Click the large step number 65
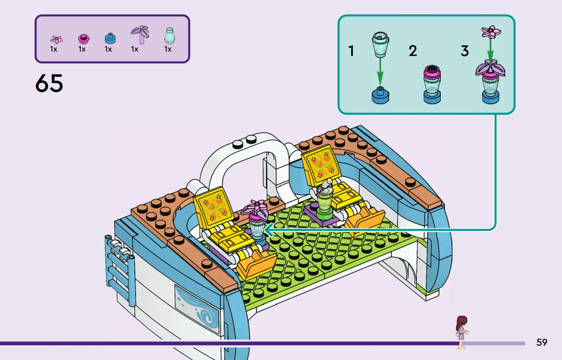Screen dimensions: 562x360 pyautogui.click(x=49, y=83)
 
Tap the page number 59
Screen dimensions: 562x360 pyautogui.click(x=541, y=342)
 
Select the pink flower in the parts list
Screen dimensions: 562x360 pyautogui.click(x=56, y=40)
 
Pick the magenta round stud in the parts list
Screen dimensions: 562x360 pyautogui.click(x=83, y=39)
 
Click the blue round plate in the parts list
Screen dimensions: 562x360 pyautogui.click(x=110, y=39)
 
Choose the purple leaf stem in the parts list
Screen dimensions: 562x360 pyautogui.click(x=140, y=35)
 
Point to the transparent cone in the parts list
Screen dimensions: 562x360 pyautogui.click(x=170, y=35)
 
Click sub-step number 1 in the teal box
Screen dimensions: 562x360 pyautogui.click(x=351, y=50)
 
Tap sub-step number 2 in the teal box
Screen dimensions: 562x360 pyautogui.click(x=413, y=50)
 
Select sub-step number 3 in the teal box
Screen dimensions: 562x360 pyautogui.click(x=465, y=50)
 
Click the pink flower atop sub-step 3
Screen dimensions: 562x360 pyautogui.click(x=491, y=32)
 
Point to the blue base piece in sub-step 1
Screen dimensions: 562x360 pyautogui.click(x=380, y=95)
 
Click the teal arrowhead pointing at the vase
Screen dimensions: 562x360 pyautogui.click(x=269, y=230)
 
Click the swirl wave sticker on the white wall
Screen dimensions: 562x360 pyautogui.click(x=197, y=309)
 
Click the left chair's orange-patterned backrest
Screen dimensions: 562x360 pyautogui.click(x=213, y=207)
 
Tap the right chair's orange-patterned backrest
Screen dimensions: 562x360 pyautogui.click(x=321, y=164)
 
